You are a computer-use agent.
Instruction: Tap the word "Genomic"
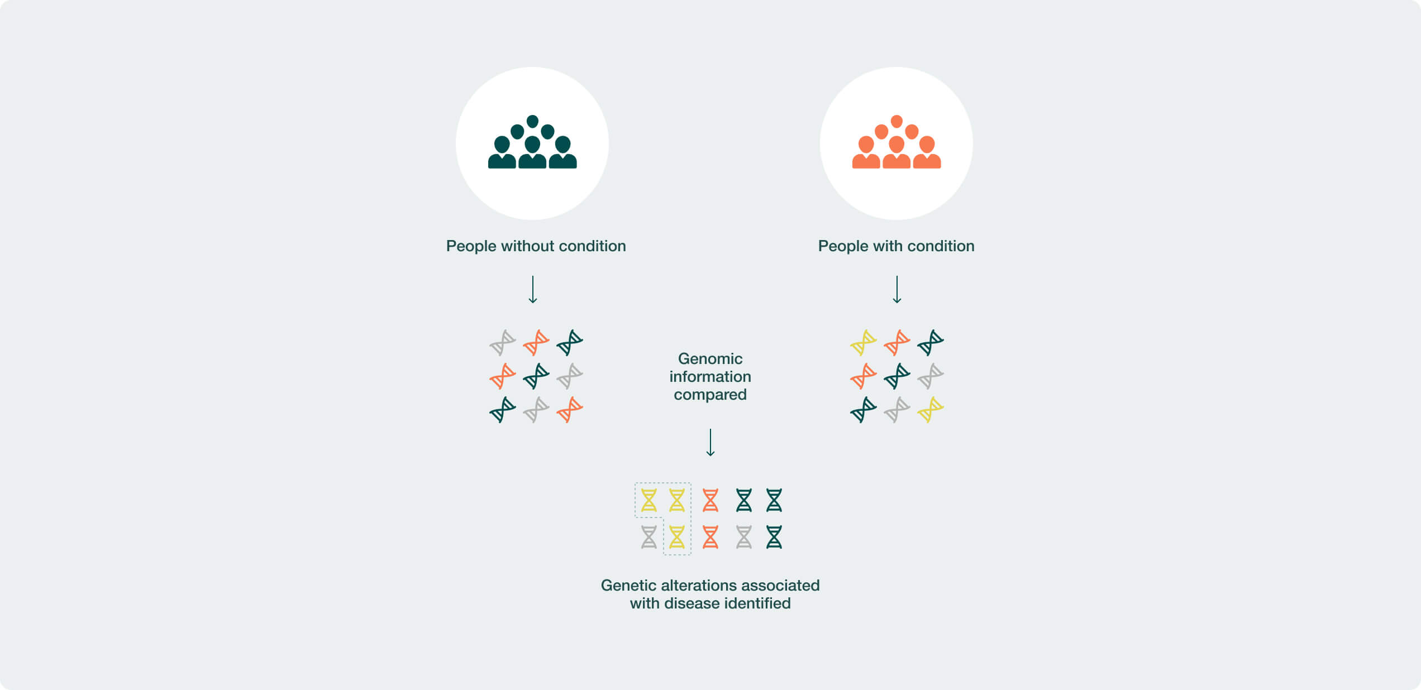click(x=710, y=358)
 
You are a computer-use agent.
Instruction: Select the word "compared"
click(x=710, y=395)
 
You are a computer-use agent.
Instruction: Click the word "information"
click(x=710, y=376)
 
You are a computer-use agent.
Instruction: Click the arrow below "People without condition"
click(x=533, y=289)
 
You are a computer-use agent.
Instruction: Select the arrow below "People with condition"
click(x=897, y=289)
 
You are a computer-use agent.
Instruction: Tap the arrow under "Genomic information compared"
click(x=710, y=442)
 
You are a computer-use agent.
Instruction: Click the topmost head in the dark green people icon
click(x=532, y=121)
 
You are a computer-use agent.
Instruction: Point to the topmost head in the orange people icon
click(x=897, y=121)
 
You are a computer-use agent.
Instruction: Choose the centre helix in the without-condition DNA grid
click(x=536, y=376)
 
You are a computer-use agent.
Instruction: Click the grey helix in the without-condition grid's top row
click(x=503, y=343)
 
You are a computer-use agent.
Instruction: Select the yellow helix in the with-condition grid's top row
click(x=864, y=343)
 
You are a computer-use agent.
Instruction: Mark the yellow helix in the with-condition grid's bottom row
click(x=931, y=410)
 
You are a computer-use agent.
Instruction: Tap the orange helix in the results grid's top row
click(x=710, y=500)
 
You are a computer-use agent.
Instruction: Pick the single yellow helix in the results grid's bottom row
click(x=677, y=537)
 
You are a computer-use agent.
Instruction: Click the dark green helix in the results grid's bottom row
click(x=774, y=537)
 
